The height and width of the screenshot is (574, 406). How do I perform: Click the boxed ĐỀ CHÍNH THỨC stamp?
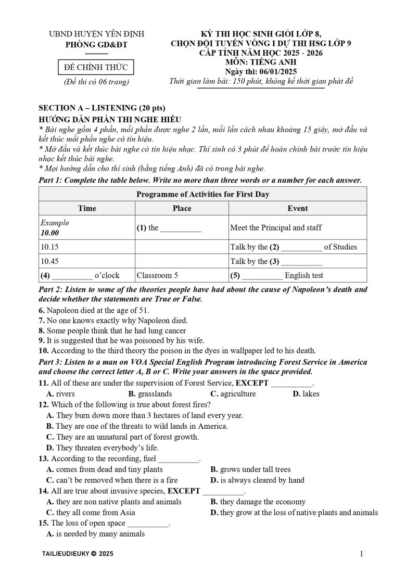point(92,68)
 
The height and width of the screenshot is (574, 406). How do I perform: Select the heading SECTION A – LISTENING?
point(102,108)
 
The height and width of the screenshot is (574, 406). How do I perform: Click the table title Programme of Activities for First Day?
point(202,194)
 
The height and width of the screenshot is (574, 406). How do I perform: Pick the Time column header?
point(87,208)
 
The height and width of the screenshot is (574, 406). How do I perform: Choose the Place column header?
point(182,208)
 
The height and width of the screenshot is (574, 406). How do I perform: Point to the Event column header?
point(297,208)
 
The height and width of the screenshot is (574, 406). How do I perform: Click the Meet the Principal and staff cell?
point(276,227)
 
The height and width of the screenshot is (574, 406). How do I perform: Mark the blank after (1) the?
point(181,228)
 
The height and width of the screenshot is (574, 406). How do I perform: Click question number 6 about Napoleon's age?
point(42,311)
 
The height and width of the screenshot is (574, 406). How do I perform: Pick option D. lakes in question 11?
point(306,394)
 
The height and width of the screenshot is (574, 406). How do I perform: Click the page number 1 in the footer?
point(361,554)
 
